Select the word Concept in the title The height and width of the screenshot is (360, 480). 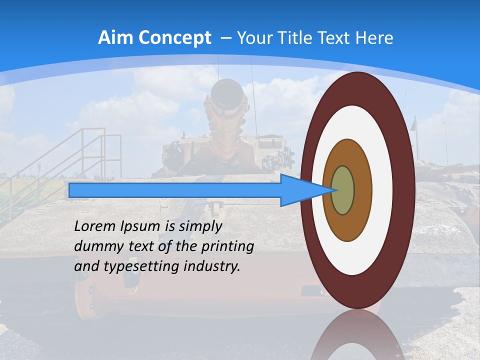[175, 38]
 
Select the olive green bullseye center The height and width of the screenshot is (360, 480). [343, 190]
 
